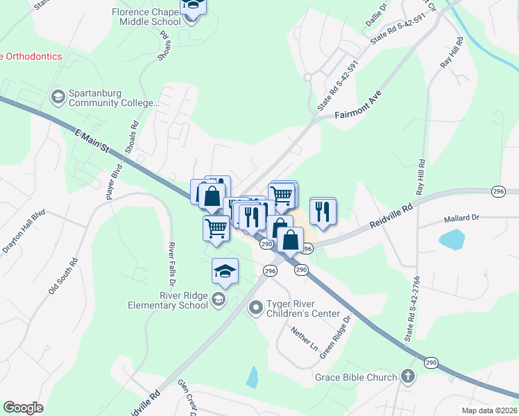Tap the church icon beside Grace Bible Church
[x=408, y=377]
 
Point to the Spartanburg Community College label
[x=114, y=98]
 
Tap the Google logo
[x=23, y=408]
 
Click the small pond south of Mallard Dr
[x=452, y=240]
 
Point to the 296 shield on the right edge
[x=497, y=191]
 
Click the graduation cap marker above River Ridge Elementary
[x=225, y=270]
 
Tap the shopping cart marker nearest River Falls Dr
[x=216, y=227]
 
